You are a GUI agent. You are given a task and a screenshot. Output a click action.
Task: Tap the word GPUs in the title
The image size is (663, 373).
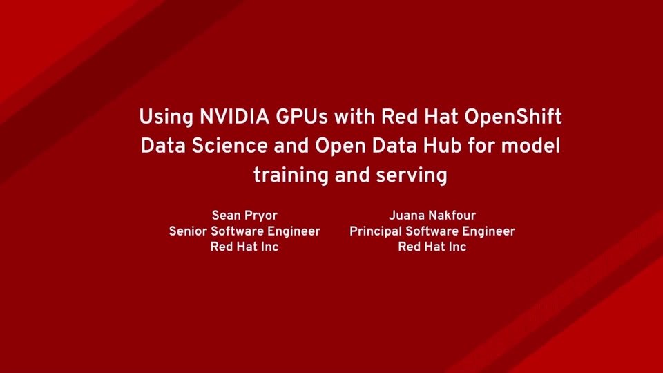pyautogui.click(x=304, y=117)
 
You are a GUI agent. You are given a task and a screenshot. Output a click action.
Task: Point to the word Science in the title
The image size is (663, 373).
pyautogui.click(x=231, y=146)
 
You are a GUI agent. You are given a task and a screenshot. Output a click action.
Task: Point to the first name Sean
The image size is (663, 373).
pyautogui.click(x=227, y=216)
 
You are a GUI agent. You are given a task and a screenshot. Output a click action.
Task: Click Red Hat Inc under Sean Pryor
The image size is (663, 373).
pyautogui.click(x=244, y=247)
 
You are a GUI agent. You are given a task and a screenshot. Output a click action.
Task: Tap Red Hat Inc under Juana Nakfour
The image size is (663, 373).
pyautogui.click(x=432, y=247)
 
